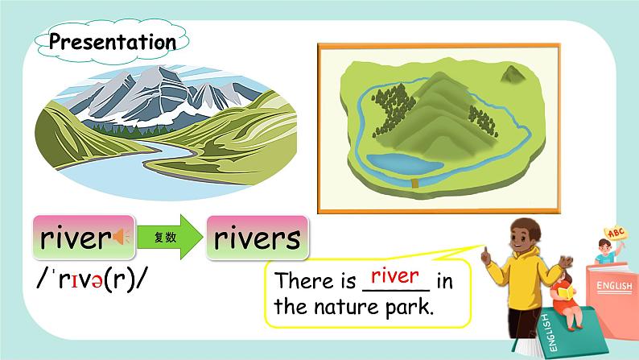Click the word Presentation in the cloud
click(x=112, y=42)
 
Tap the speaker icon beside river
click(x=122, y=238)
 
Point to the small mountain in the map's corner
click(x=511, y=75)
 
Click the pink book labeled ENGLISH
click(x=614, y=291)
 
